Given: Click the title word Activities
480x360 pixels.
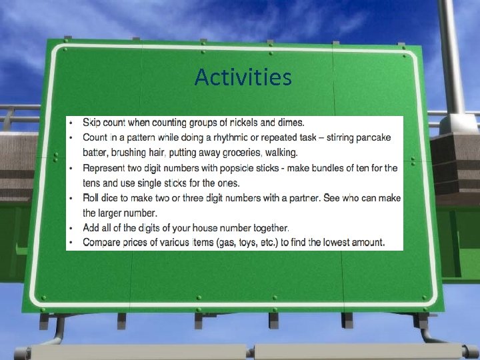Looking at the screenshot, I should pos(243,78).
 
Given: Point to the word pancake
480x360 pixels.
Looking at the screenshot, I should pos(373,137).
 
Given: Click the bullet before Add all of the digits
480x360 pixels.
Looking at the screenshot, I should pos(71,228).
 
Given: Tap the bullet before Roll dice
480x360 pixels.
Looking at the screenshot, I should pos(71,198).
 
